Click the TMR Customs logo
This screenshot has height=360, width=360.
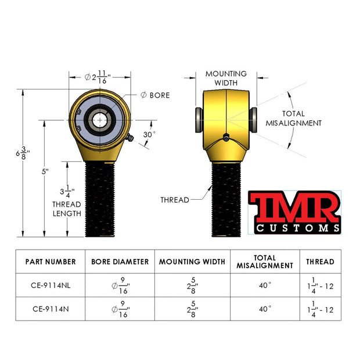pos(294,213)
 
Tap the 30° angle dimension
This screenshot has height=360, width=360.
pos(149,135)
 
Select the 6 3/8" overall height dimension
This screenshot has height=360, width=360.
pos(23,153)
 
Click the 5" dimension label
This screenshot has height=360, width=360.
pos(45,171)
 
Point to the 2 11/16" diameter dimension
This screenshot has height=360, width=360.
pos(98,77)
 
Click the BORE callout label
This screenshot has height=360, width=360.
pos(155,95)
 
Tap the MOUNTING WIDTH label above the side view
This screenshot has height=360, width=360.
pos(226,78)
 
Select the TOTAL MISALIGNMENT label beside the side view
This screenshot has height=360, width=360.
pos(294,118)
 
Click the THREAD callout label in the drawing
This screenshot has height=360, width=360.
pos(175,200)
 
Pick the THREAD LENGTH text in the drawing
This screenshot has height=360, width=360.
pos(67,209)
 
